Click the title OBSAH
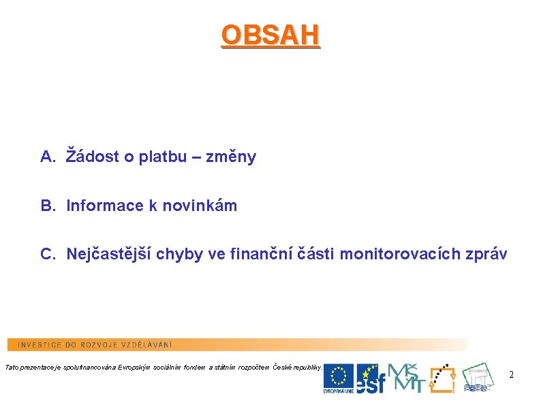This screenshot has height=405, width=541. [270, 35]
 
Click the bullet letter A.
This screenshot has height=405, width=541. [47, 157]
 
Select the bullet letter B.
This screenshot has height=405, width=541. [47, 206]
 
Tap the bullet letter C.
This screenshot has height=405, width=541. [47, 255]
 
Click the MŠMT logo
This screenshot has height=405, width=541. [405, 377]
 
